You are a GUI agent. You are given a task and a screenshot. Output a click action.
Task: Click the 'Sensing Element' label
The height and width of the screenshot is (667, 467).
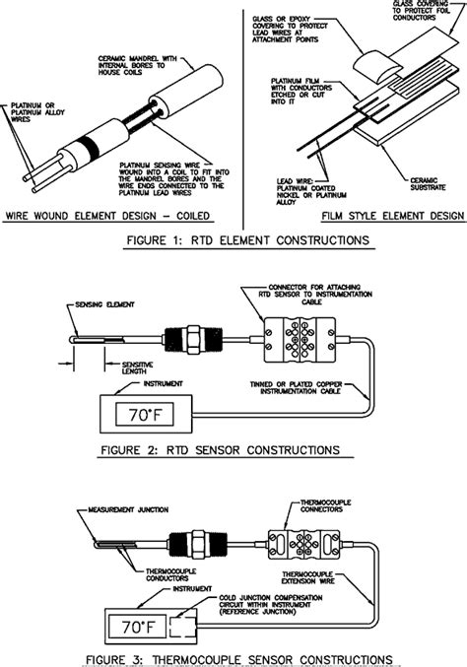(104, 307)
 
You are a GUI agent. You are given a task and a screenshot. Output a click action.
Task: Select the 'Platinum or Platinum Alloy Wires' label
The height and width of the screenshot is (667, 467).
(31, 109)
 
